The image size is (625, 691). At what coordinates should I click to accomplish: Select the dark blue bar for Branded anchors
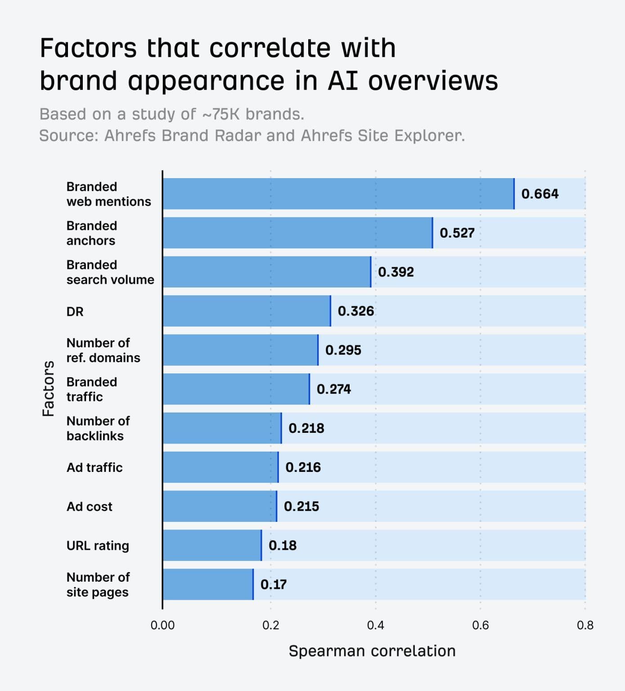pos(297,233)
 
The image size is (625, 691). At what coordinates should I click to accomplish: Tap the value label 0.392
pos(396,272)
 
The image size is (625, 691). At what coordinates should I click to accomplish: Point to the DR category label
pos(75,311)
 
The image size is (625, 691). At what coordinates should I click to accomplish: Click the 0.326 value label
pos(356,311)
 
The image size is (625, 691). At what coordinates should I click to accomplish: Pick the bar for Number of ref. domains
pos(240,350)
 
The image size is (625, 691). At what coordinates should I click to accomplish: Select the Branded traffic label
pos(92,389)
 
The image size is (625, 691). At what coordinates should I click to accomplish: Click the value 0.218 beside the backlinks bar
pos(306,428)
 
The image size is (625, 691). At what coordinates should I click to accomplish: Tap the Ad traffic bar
pos(220,467)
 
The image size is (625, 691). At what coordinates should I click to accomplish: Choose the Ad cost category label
pos(90,507)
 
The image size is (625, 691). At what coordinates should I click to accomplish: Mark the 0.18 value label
pos(283,546)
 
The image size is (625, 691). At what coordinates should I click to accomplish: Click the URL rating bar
pos(212,546)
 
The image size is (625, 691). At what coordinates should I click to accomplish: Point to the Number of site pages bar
pos(208,584)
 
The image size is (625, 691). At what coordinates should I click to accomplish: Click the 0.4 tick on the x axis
pos(375,625)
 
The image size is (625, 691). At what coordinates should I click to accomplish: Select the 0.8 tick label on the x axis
pos(585,625)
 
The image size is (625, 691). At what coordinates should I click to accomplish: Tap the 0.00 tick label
pos(162,625)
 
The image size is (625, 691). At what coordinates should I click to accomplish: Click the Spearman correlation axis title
pos(372,651)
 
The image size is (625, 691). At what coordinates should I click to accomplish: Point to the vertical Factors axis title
pos(48,389)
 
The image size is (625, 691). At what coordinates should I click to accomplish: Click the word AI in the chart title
pos(343,81)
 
